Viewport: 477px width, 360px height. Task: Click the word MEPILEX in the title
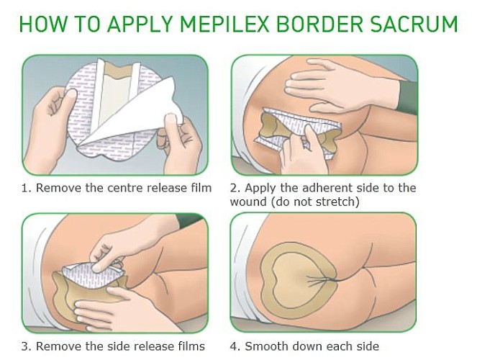pos(224,24)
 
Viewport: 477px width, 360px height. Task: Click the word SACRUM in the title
pos(414,24)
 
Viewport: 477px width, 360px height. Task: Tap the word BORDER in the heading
pos(320,24)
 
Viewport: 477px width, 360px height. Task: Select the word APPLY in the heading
pos(140,24)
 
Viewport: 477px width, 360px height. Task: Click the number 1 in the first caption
pos(24,188)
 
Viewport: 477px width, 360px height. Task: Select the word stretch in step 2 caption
pos(337,202)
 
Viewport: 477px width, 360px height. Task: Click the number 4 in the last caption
pos(233,346)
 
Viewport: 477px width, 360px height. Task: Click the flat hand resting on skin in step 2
pos(341,86)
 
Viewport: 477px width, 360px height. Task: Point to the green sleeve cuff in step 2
pos(408,98)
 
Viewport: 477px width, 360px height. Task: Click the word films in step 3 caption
pos(191,346)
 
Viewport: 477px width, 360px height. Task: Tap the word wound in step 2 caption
pos(248,202)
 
